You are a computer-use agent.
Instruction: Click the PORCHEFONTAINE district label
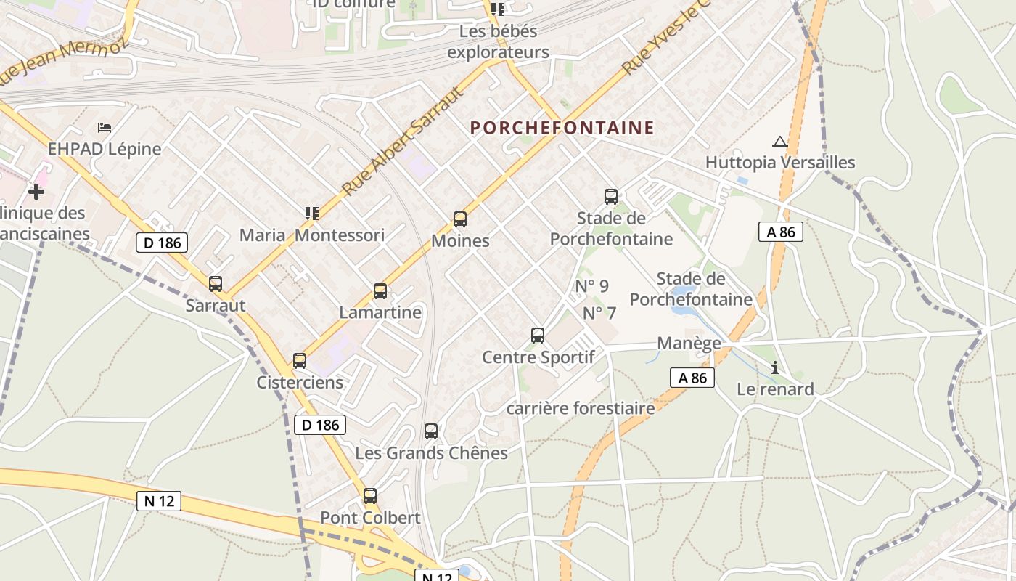(x=562, y=129)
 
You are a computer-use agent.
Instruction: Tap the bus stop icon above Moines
(x=459, y=219)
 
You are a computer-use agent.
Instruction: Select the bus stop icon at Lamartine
(x=380, y=291)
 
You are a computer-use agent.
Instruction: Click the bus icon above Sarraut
(x=216, y=284)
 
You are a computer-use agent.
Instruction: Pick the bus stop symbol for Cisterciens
(x=299, y=360)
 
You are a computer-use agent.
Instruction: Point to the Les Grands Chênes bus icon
(x=431, y=431)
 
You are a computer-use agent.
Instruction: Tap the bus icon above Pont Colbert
(x=370, y=496)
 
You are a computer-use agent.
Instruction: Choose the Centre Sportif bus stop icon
(x=538, y=335)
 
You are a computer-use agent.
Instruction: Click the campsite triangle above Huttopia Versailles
(x=780, y=142)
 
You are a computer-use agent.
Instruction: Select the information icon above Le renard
(x=775, y=367)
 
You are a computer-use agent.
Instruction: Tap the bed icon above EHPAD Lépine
(x=105, y=128)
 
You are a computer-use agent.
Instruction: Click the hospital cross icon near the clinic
(x=36, y=192)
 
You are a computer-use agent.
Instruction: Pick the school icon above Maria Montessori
(x=312, y=213)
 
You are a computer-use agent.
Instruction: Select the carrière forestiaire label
(x=581, y=408)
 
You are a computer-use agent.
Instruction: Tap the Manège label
(x=689, y=343)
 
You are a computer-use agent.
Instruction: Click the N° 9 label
(x=592, y=286)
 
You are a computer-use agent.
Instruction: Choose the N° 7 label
(x=599, y=313)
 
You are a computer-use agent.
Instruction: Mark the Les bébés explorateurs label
(x=499, y=42)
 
